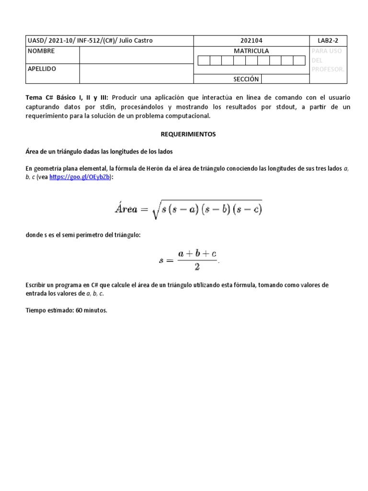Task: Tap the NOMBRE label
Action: (41, 51)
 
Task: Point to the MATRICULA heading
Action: (251, 51)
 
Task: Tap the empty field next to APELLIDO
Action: (136, 74)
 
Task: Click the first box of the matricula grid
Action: (203, 60)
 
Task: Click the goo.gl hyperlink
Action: (80, 177)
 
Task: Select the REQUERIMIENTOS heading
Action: (187, 134)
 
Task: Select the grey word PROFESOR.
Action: (328, 70)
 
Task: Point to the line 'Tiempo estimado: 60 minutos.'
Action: (67, 310)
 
